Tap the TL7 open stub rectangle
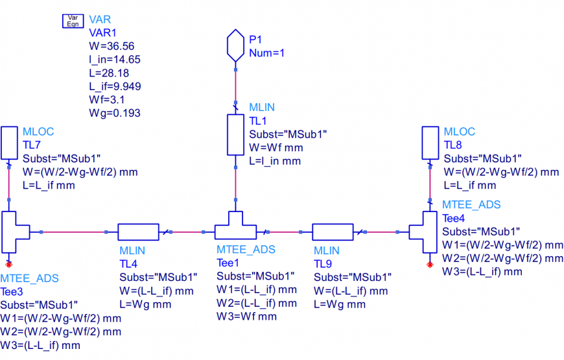(x=9, y=143)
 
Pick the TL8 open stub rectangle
(x=430, y=143)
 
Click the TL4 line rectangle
(x=138, y=232)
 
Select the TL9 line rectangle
(x=333, y=232)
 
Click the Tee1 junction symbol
(x=235, y=228)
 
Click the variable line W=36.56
(x=112, y=45)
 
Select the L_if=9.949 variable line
(x=115, y=86)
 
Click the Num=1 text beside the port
(x=267, y=53)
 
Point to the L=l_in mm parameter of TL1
(x=275, y=161)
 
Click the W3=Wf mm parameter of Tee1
(x=246, y=317)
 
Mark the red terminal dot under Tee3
(x=9, y=264)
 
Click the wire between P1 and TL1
(x=235, y=84)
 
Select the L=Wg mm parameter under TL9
(x=340, y=304)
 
